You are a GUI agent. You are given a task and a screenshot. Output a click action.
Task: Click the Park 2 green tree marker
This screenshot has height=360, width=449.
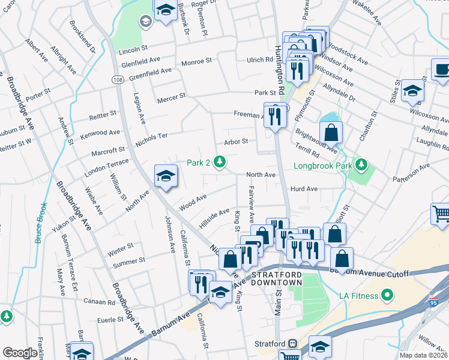click(x=220, y=161)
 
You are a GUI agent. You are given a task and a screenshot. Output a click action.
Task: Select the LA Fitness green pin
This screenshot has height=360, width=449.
click(x=388, y=295)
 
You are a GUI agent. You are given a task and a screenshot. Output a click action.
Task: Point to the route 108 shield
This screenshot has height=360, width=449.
click(x=118, y=80)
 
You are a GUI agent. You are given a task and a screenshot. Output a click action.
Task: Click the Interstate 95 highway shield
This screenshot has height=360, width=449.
click(x=433, y=298)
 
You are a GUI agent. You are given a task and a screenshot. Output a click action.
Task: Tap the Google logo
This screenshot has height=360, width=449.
click(x=20, y=353)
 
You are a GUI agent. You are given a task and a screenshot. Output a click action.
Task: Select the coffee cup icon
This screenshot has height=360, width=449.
click(x=442, y=69)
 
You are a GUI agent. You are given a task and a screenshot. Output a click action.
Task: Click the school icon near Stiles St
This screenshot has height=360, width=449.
click(x=412, y=90)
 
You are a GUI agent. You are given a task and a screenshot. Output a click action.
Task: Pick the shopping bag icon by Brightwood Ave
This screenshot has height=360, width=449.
click(x=331, y=131)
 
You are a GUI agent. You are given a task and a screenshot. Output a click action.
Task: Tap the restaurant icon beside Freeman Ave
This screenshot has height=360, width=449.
click(x=275, y=114)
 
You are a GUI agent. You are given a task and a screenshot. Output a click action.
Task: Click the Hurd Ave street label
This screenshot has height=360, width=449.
click(x=304, y=188)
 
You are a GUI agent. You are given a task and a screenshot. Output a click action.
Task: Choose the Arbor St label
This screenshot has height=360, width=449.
click(x=236, y=142)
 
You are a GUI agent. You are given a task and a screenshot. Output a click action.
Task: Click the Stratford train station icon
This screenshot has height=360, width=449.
click(x=293, y=344)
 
